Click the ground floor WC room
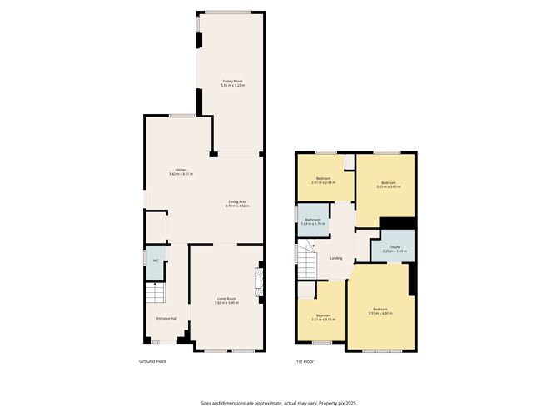click(155, 262)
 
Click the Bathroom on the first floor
click(313, 220)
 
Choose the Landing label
click(336, 258)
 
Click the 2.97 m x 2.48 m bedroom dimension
click(323, 183)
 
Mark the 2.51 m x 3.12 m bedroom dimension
click(322, 319)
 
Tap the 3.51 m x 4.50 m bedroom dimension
click(380, 313)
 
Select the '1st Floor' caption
click(305, 361)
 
